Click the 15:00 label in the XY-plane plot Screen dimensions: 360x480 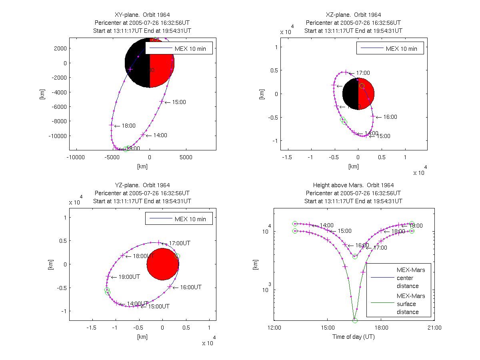(179, 102)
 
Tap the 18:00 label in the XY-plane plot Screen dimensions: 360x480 (128, 126)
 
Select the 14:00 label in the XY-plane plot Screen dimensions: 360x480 (160, 136)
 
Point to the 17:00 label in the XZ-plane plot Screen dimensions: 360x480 (363, 73)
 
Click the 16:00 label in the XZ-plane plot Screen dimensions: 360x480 (390, 117)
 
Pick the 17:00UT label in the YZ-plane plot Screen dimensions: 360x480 (179, 243)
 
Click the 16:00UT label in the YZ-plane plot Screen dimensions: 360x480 (190, 288)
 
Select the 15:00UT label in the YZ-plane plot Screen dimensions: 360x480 (158, 307)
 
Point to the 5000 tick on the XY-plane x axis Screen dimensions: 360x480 (186, 158)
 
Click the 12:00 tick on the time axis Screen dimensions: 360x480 (274, 328)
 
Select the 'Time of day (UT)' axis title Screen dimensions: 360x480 (354, 337)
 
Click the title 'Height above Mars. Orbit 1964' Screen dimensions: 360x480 (353, 185)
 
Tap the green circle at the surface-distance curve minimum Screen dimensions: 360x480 (355, 320)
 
